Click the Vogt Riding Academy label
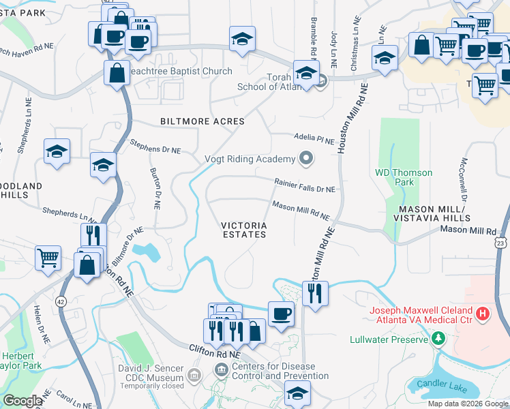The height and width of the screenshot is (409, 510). [x=250, y=160]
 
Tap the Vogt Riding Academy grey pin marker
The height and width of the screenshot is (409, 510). [x=306, y=160]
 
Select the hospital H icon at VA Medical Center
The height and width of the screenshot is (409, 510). [x=483, y=314]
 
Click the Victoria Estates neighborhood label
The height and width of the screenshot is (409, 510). [x=243, y=230]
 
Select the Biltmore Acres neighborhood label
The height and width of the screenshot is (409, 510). [x=202, y=121]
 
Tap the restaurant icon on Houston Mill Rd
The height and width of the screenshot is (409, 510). [x=314, y=293]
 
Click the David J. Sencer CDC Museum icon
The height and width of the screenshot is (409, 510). [x=194, y=375]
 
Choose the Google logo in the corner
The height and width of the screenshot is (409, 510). [x=22, y=402]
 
